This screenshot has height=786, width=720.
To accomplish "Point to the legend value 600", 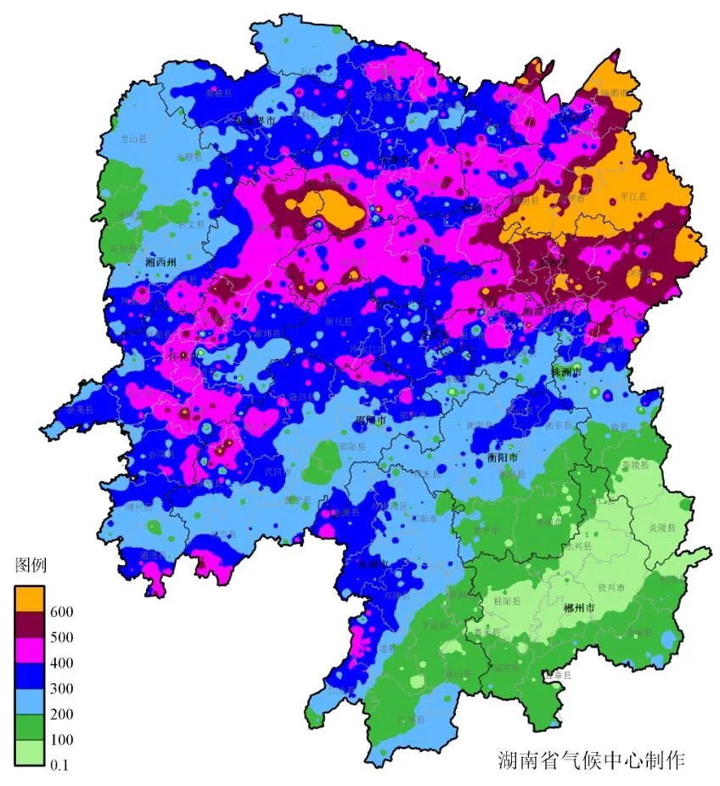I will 61,612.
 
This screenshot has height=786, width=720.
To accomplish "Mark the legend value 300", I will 61,688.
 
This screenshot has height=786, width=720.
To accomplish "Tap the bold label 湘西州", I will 160,263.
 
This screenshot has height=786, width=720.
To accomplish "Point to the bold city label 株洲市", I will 566,372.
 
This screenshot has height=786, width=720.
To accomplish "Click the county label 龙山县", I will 133,137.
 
